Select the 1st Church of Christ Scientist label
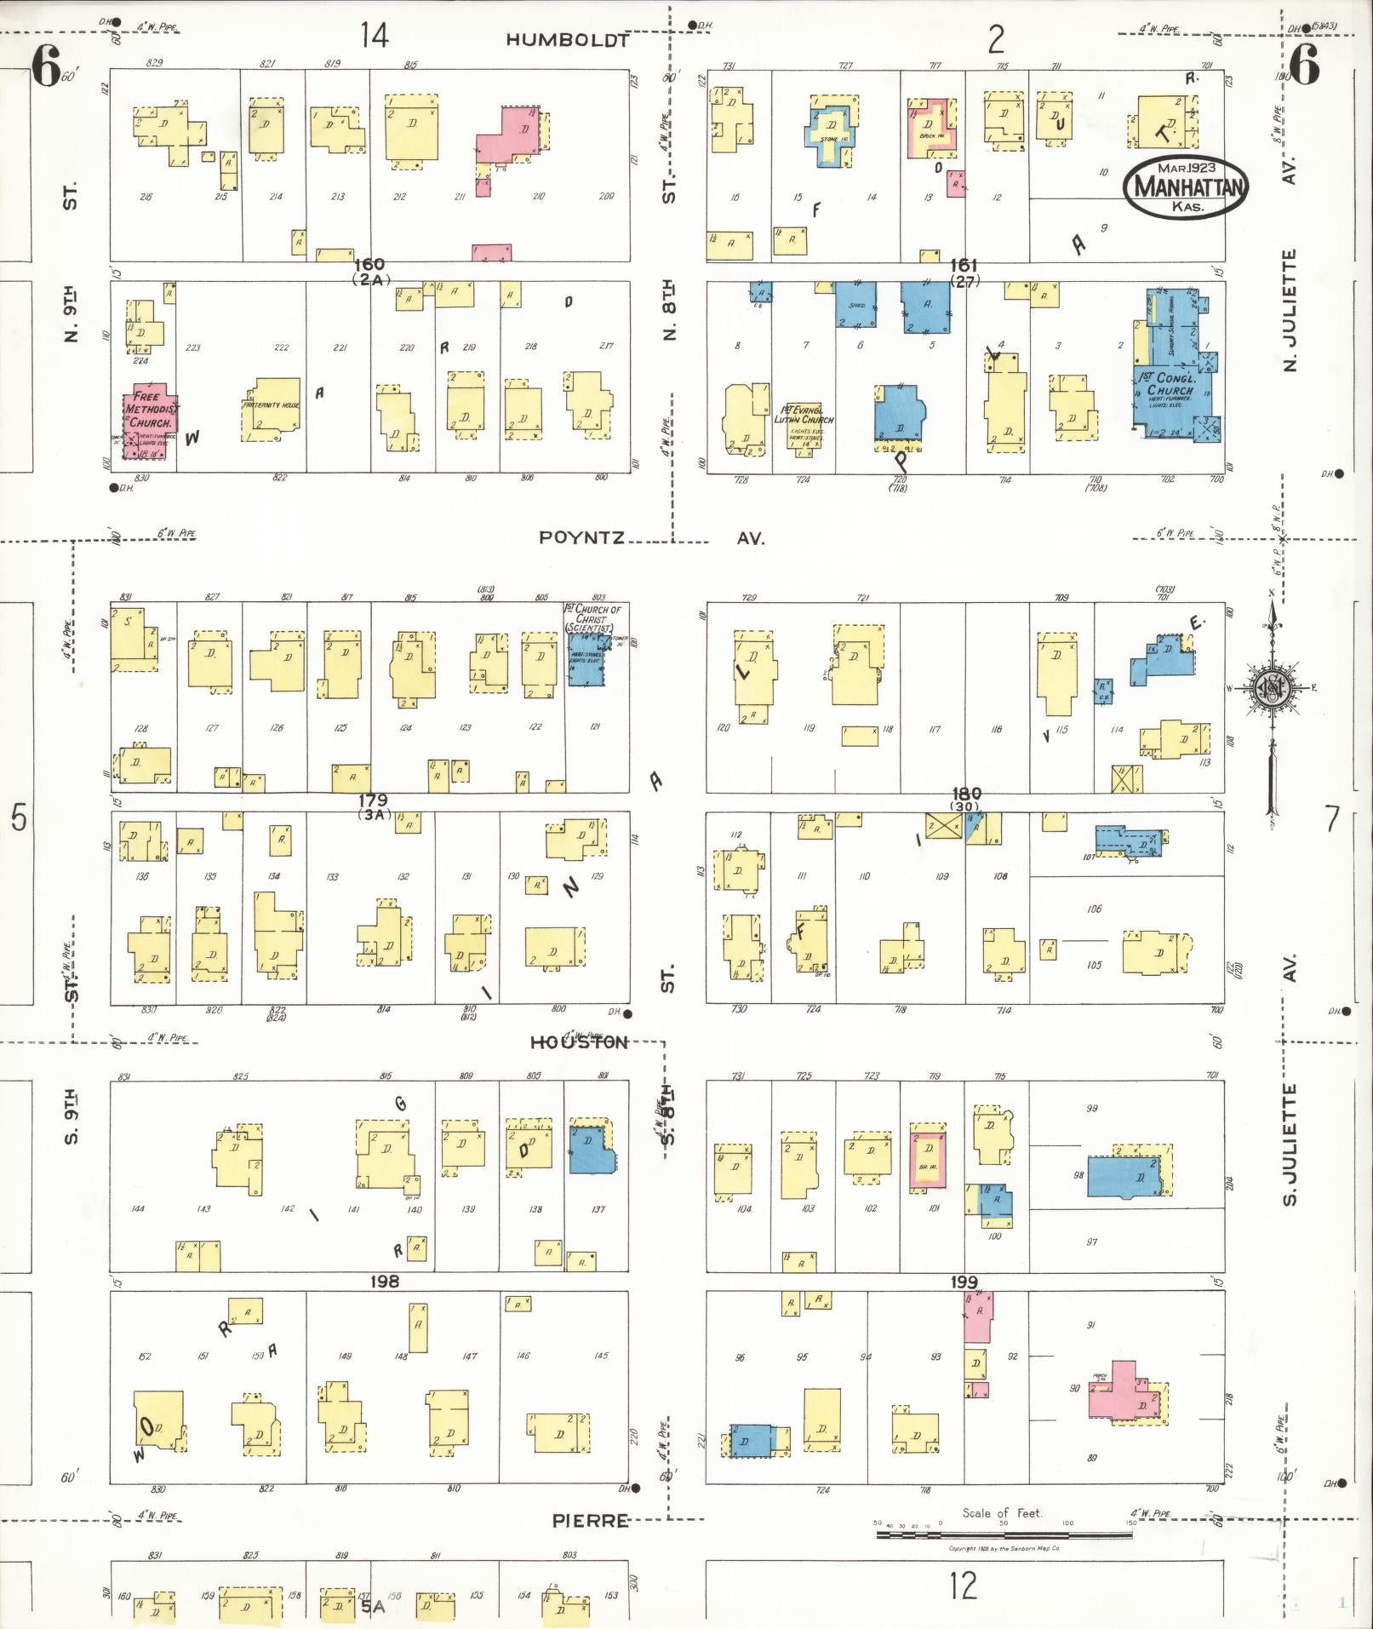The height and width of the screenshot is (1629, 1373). pos(593,618)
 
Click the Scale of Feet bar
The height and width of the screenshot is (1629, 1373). pos(1004,1534)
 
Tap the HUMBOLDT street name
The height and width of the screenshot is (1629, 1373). pos(568,40)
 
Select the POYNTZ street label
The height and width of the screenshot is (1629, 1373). pos(582,537)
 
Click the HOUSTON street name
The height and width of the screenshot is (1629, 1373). pos(579,1043)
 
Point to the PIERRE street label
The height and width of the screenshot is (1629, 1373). pos(590,1520)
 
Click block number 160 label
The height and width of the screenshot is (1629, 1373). pos(369,265)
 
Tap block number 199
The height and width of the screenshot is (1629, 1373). pos(964,1282)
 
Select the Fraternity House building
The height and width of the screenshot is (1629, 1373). pos(272,407)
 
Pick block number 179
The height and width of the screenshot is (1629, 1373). pos(373,800)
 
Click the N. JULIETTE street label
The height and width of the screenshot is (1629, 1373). pos(1290,311)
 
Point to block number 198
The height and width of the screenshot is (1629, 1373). pos(384,1282)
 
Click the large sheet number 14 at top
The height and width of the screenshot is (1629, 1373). pos(374,36)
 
